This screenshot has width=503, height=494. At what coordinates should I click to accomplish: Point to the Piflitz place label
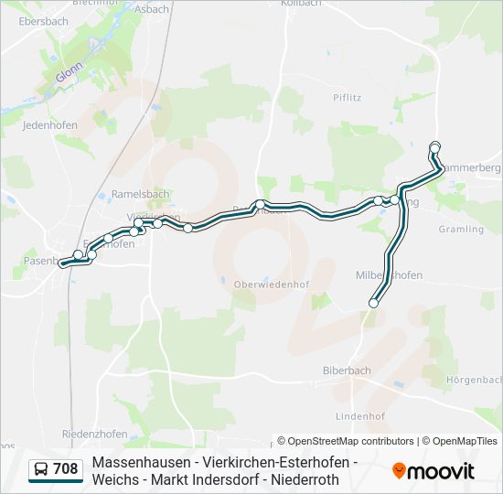(x=348, y=97)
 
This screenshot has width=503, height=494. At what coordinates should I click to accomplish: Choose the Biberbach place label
(x=347, y=370)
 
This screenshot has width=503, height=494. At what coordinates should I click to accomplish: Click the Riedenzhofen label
(x=92, y=433)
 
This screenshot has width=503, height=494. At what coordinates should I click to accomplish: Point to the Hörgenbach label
(x=474, y=379)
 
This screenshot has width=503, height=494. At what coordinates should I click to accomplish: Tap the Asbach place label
(x=153, y=9)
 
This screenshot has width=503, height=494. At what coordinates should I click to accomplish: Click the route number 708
(x=66, y=469)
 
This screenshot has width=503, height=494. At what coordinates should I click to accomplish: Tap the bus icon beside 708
(x=41, y=469)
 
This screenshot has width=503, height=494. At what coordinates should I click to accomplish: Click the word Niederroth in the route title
(x=308, y=479)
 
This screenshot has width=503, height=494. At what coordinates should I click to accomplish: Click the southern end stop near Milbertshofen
(x=373, y=303)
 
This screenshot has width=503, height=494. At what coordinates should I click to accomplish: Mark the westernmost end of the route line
(x=63, y=263)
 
